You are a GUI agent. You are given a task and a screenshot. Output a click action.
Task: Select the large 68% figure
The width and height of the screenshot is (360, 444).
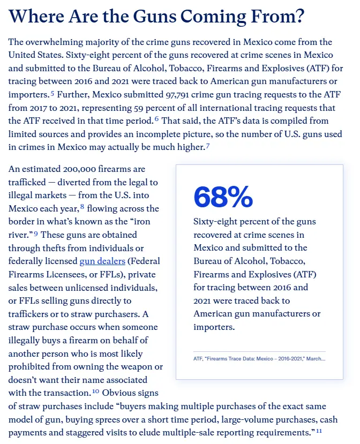coord(223,197)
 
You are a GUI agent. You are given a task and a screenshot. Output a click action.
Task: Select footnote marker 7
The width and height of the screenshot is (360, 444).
coord(207,145)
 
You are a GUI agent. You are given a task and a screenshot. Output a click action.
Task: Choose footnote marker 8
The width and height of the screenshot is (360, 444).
coord(82,206)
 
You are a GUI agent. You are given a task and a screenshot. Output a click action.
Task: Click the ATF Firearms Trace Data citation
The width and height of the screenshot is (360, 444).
coord(259,358)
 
